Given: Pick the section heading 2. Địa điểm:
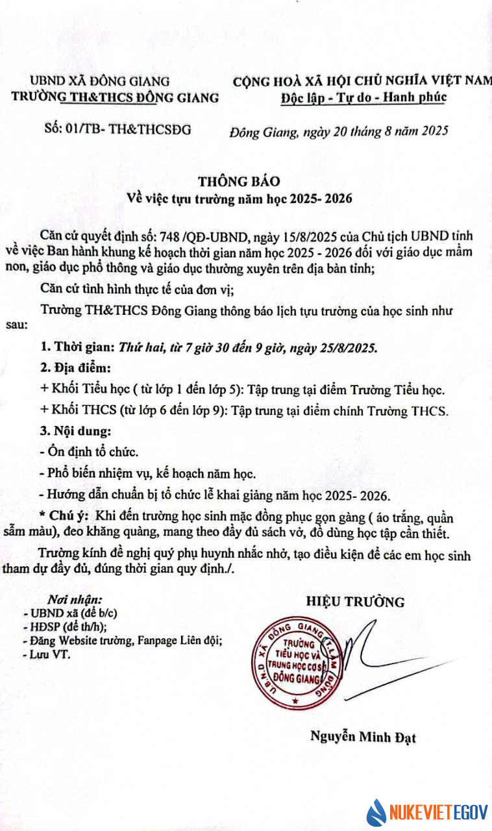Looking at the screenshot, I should coord(75,368).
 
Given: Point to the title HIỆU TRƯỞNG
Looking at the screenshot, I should coord(355,602).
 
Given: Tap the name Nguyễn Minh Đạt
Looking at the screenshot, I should coord(363,737).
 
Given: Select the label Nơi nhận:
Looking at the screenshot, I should coord(76,599).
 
